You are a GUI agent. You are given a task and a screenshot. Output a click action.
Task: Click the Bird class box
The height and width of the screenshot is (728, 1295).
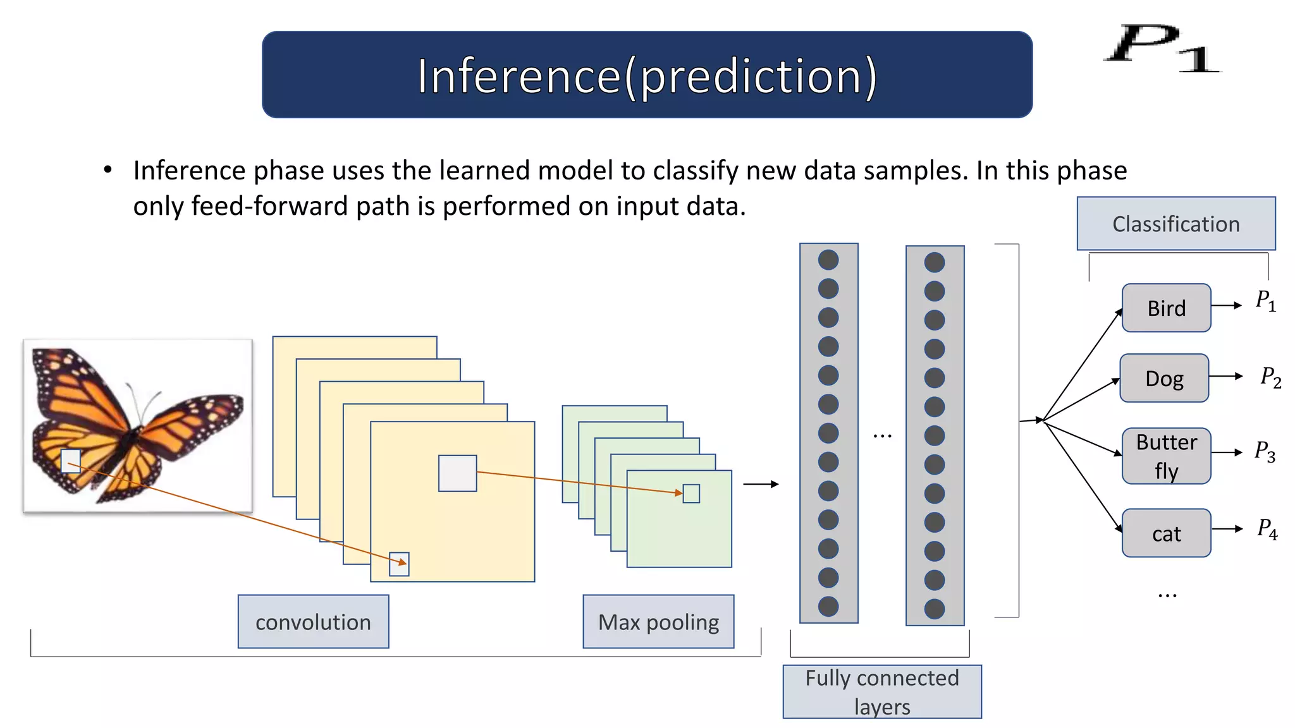[1166, 308]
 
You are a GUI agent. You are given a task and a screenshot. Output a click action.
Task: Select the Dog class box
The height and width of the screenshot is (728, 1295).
[1163, 378]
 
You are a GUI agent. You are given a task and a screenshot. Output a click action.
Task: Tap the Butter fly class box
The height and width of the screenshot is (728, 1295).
[1166, 456]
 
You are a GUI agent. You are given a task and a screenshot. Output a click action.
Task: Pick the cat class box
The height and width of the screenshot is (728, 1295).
[1166, 533]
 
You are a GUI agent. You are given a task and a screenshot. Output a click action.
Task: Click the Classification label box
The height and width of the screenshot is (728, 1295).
[1175, 224]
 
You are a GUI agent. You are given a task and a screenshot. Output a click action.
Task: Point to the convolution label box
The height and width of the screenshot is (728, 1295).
[313, 622]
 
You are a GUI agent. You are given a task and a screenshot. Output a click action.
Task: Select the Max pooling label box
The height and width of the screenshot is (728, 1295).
[658, 622]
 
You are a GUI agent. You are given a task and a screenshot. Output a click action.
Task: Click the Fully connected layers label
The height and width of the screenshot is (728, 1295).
[881, 691]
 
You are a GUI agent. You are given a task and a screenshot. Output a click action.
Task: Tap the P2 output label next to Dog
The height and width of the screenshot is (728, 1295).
[1270, 377]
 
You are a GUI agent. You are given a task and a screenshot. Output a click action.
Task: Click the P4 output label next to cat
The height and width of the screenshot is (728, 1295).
[1267, 528]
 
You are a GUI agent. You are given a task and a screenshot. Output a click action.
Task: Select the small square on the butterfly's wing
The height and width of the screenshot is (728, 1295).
[70, 461]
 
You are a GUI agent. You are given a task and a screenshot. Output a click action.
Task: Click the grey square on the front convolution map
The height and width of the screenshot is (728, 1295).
[457, 473]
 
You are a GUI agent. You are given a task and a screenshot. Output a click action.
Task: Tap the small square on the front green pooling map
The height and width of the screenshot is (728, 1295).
[691, 494]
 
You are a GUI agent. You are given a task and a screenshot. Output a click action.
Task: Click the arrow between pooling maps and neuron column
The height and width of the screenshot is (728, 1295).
[761, 484]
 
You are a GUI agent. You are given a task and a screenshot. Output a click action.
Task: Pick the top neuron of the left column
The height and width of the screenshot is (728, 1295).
[828, 260]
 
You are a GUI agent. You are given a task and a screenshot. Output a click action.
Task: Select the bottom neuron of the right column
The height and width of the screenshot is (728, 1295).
[934, 609]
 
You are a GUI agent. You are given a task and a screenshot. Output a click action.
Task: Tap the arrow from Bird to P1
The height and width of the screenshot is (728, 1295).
[1227, 305]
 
